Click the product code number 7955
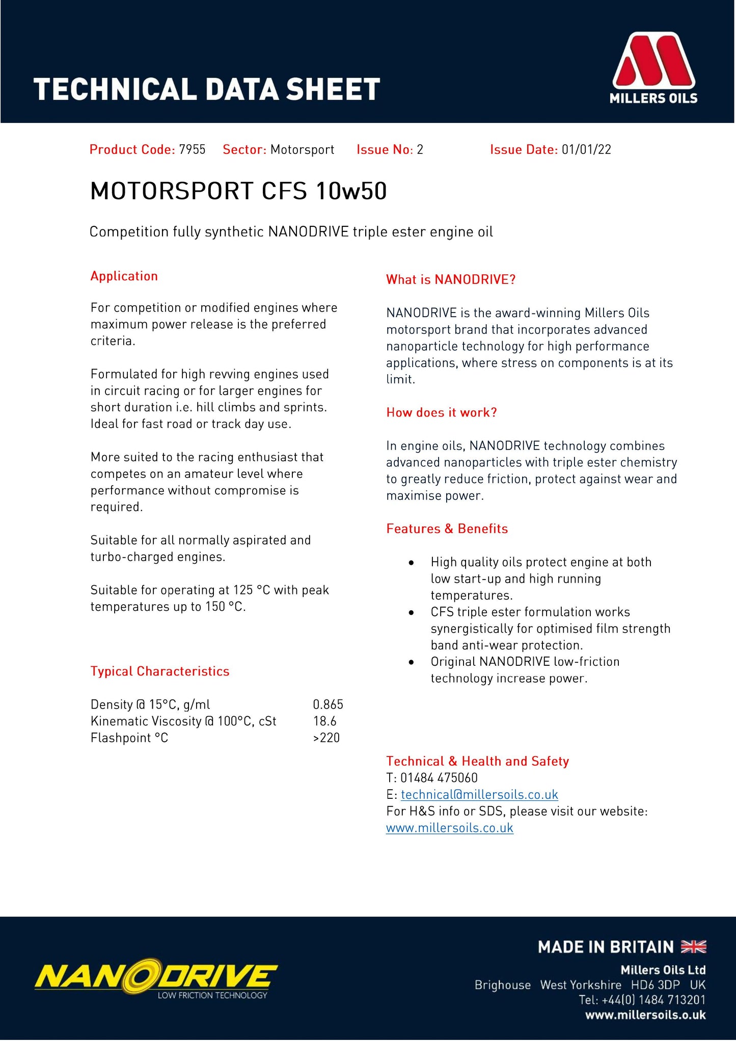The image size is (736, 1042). click(192, 149)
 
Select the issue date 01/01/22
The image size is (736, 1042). click(586, 149)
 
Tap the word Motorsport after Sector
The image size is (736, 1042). click(302, 149)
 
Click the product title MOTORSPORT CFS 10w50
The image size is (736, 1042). click(238, 191)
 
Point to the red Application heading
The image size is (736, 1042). click(124, 276)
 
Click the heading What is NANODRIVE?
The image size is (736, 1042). click(451, 279)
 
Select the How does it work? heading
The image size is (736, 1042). click(442, 412)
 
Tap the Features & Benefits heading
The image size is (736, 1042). click(447, 529)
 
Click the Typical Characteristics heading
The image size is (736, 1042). click(160, 671)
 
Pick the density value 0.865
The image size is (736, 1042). click(328, 705)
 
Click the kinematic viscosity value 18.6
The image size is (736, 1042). click(325, 721)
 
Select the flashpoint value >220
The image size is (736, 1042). click(326, 738)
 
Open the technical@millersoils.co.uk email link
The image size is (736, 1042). click(479, 794)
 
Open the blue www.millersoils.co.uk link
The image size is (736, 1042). click(450, 828)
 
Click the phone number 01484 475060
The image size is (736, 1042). click(439, 778)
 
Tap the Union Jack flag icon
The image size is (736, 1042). click(694, 947)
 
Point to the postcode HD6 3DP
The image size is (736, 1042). click(656, 985)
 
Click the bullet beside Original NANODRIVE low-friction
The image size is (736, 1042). click(411, 662)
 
